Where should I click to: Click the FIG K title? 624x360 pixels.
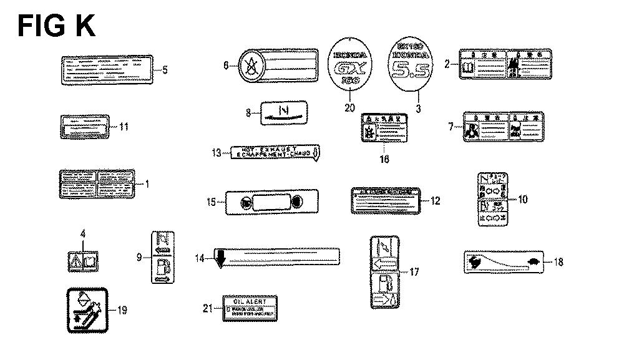pyautogui.click(x=56, y=26)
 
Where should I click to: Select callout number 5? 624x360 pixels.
pyautogui.click(x=165, y=70)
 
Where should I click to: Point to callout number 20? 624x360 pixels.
pyautogui.click(x=349, y=108)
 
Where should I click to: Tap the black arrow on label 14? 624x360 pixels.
pyautogui.click(x=219, y=257)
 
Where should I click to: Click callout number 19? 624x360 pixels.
pyautogui.click(x=122, y=310)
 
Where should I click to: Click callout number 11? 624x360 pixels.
pyautogui.click(x=124, y=127)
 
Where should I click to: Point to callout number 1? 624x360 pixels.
pyautogui.click(x=147, y=183)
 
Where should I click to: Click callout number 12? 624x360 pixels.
pyautogui.click(x=435, y=201)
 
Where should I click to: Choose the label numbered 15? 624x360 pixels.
pyautogui.click(x=272, y=203)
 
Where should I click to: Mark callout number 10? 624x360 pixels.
pyautogui.click(x=523, y=200)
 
